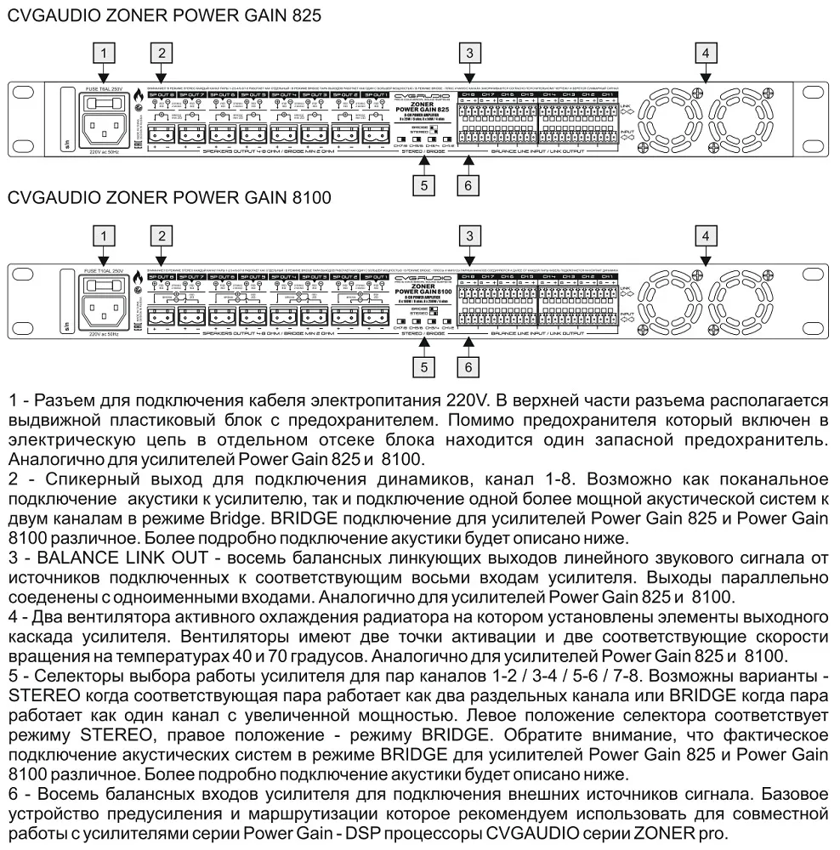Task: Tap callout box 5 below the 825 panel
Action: tap(429, 184)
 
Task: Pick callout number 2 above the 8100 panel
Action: tap(159, 235)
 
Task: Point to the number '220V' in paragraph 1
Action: tap(471, 400)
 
